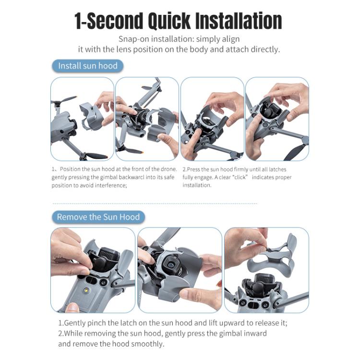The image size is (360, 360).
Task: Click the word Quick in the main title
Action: [169, 21]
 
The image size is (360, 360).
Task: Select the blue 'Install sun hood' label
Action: [88, 66]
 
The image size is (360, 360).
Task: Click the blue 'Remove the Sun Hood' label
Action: [98, 217]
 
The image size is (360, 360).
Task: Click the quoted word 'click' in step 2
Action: [240, 177]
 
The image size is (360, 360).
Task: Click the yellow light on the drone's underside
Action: [86, 290]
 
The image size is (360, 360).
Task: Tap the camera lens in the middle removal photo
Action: [171, 265]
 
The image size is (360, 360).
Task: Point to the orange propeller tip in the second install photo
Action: [143, 152]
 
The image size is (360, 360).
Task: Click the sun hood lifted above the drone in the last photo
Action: [271, 255]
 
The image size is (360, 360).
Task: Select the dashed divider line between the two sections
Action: [155, 204]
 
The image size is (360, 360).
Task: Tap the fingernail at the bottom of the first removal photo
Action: [72, 307]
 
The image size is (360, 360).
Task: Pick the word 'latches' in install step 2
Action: [277, 169]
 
